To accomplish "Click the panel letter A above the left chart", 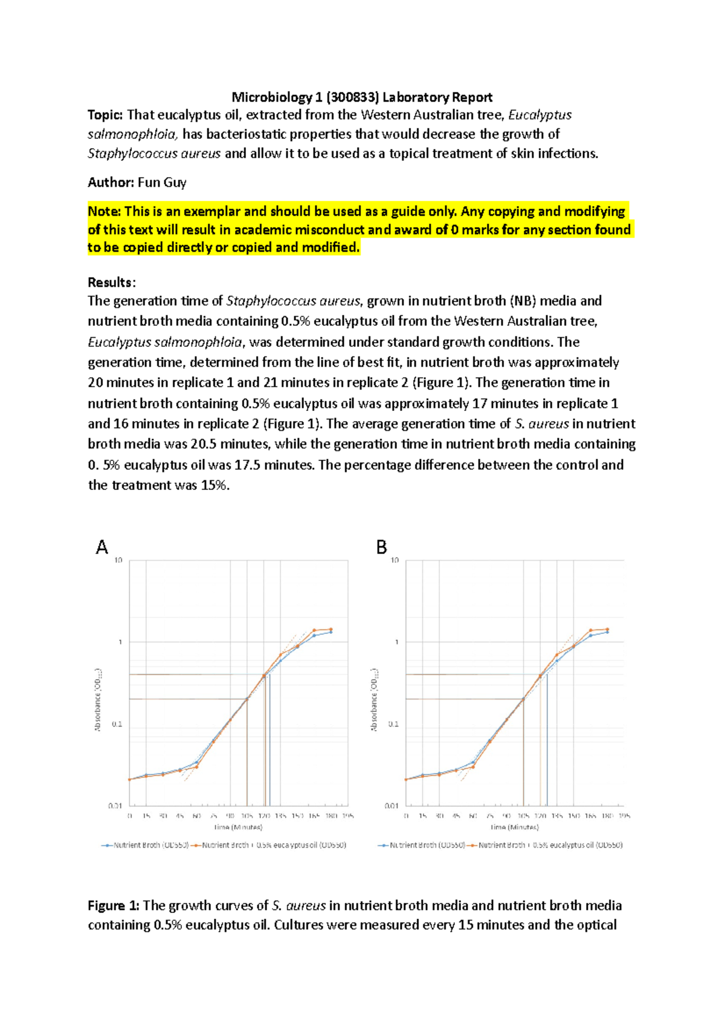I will pos(102,547).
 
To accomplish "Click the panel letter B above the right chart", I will pos(381,547).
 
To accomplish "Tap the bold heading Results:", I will pos(112,282).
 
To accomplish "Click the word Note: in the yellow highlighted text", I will pos(104,211).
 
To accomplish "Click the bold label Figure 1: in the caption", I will pos(114,905).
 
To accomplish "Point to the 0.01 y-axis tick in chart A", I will pos(115,805).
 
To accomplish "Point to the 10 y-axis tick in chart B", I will pos(395,560).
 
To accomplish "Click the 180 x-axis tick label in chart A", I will pos(330,816).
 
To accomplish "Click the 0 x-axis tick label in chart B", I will pos(406,816).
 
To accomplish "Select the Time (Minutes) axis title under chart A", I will pos(238,827).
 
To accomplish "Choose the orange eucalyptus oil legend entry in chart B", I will pos(544,845).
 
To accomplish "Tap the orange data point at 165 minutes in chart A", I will pos(314,630).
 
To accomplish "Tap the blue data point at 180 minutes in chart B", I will pos(607,632).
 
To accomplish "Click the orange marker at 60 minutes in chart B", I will pos(473,767).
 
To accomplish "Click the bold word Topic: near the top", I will pos(105,115).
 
